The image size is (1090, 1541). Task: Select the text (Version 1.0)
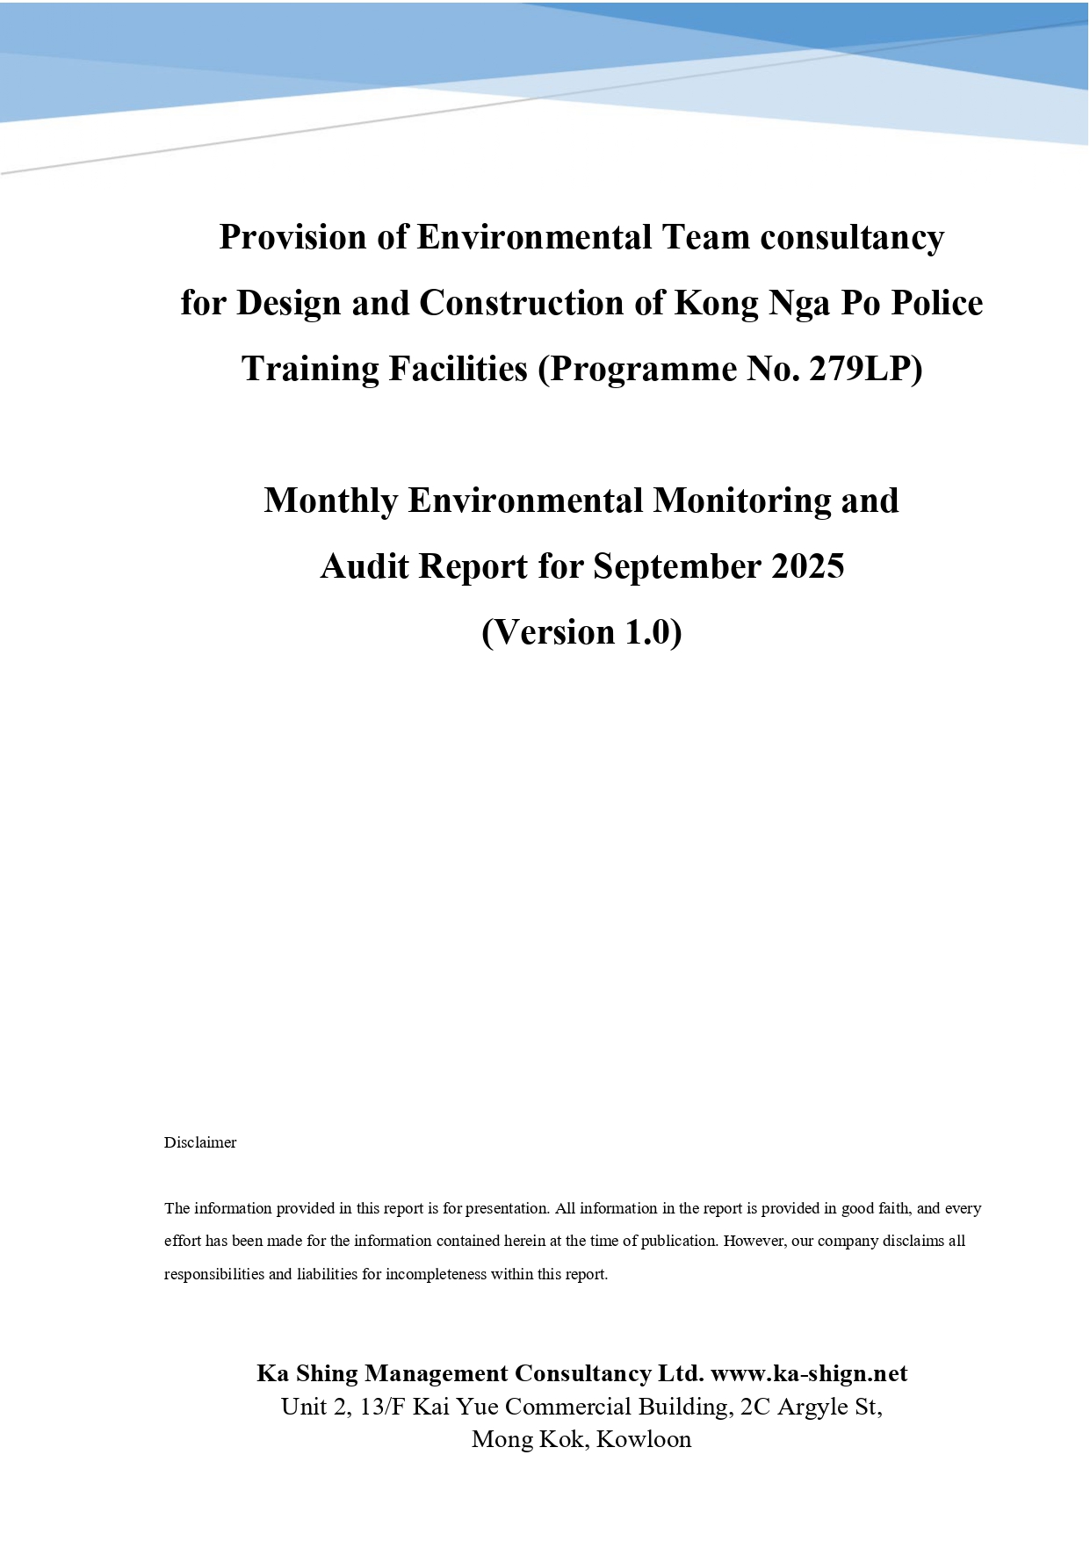[x=581, y=632]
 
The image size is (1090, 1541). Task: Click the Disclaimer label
[x=200, y=1142]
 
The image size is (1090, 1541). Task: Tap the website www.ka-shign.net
[x=809, y=1373]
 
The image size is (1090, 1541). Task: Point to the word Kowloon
[x=644, y=1439]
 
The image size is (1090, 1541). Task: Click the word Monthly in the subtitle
[x=331, y=500]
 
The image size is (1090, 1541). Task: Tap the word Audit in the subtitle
[x=365, y=566]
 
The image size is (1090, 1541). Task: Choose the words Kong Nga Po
[x=777, y=303]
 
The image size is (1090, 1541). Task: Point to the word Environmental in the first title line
[x=534, y=237]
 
